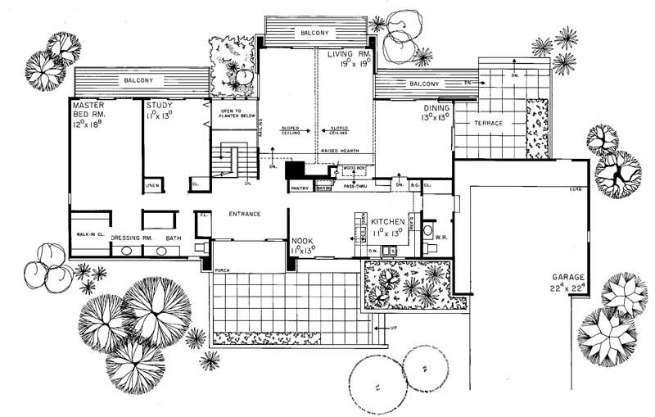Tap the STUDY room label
click(x=159, y=106)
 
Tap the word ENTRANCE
click(x=244, y=214)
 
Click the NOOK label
click(x=303, y=241)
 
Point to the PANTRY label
click(x=299, y=188)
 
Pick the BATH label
click(x=174, y=238)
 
